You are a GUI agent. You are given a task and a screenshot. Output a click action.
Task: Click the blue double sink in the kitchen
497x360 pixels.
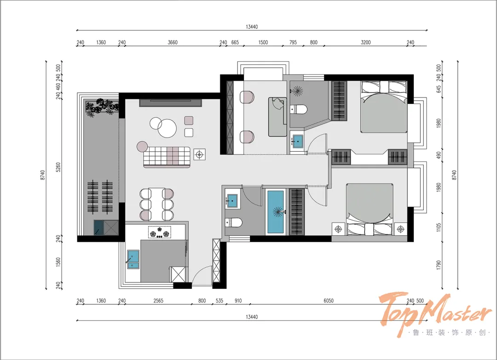point(133,259)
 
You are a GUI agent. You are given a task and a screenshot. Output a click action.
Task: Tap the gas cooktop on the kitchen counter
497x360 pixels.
point(159,232)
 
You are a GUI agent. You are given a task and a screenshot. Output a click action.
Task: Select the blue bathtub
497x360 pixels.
point(275,212)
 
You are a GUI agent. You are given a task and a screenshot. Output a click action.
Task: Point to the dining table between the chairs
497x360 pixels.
point(156,204)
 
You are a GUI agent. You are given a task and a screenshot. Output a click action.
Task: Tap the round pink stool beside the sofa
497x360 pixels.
point(143,147)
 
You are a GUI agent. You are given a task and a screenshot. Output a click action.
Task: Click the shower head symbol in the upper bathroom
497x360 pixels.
point(297,91)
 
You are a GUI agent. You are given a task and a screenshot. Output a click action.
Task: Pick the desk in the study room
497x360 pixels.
point(277,117)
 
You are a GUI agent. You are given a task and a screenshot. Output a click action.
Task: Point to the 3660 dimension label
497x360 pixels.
point(173,42)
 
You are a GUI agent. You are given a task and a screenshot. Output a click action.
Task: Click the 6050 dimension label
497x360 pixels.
point(329,301)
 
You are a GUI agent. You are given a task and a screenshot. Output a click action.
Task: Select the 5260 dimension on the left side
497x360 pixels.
point(58,167)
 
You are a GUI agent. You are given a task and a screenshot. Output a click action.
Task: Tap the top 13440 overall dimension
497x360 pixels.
point(252,27)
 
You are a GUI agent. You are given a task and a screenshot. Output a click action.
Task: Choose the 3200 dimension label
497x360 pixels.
point(365,42)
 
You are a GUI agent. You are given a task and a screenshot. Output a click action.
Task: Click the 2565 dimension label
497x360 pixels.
point(158,301)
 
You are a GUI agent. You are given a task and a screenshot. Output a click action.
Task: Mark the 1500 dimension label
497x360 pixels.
point(263,42)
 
